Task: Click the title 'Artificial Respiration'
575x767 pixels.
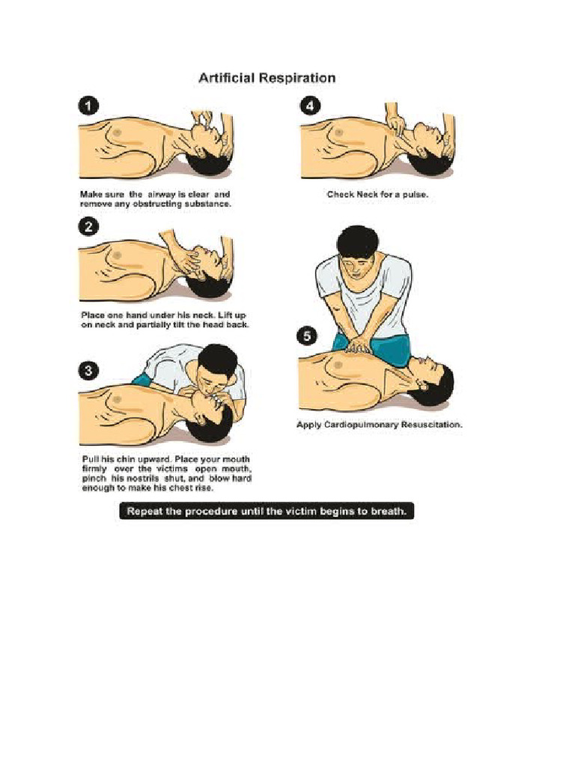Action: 267,78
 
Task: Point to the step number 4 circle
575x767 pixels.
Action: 309,106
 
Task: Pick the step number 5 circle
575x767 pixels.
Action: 308,336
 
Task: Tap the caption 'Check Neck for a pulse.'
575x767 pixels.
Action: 377,194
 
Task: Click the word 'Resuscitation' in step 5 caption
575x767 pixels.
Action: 433,425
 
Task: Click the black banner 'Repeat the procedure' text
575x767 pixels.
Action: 267,512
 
